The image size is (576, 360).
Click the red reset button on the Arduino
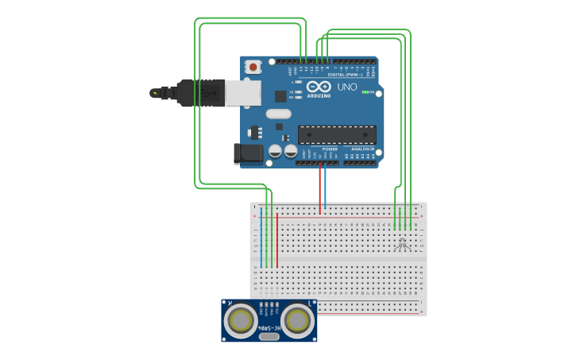click(253, 68)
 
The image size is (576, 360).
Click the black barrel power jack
click(248, 153)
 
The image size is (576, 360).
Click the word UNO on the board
click(347, 87)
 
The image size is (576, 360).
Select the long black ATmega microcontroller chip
click(337, 135)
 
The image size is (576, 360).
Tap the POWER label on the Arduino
click(330, 149)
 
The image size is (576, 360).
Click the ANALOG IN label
click(362, 149)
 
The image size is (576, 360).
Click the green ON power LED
click(365, 92)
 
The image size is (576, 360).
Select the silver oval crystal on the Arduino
click(279, 114)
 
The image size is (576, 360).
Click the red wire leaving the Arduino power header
click(320, 187)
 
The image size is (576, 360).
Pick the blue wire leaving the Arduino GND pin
click(326, 187)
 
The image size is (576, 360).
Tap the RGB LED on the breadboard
click(404, 242)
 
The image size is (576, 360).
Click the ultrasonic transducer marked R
click(239, 321)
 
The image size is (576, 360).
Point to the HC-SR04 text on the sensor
click(269, 327)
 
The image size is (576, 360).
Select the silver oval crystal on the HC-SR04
click(269, 336)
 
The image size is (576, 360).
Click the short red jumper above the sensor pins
click(276, 238)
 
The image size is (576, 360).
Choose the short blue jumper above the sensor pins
click(261, 238)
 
